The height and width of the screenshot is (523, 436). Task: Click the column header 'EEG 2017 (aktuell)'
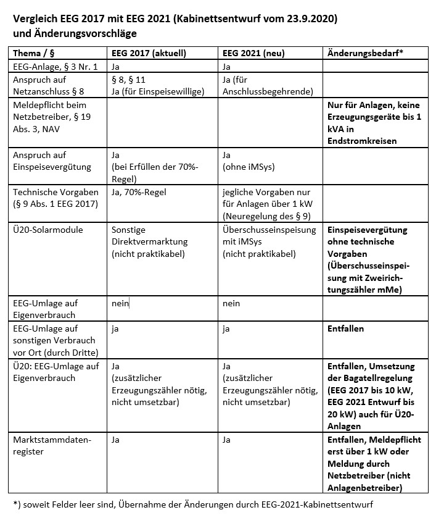coord(147,53)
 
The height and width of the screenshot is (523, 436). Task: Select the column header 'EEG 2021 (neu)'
coord(253,53)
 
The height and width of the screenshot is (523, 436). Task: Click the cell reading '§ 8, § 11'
coord(128,80)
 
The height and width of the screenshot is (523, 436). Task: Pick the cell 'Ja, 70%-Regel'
coord(139,192)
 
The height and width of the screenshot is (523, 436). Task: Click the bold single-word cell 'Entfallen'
coord(345,328)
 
